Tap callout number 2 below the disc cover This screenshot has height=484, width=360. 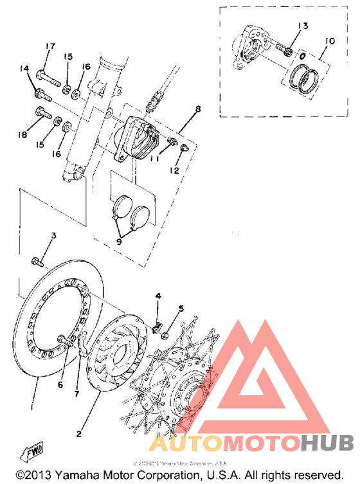click(x=79, y=433)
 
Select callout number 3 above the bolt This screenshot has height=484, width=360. click(x=54, y=236)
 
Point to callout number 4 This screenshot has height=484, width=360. click(x=157, y=297)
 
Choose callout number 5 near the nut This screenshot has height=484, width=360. click(x=181, y=309)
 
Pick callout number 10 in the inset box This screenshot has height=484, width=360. click(x=329, y=41)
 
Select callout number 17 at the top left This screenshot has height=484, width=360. click(x=50, y=46)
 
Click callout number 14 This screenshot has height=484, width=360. click(x=24, y=69)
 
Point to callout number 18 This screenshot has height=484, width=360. click(x=24, y=135)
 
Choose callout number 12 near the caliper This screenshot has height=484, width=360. click(x=174, y=170)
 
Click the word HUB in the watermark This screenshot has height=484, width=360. click(x=328, y=443)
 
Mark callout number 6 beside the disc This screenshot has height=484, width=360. click(x=61, y=385)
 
